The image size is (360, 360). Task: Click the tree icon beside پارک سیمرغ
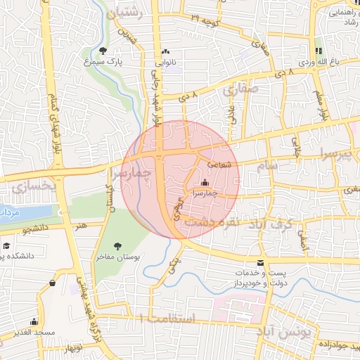(103, 51)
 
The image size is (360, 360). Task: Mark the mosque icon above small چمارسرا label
(205, 182)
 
